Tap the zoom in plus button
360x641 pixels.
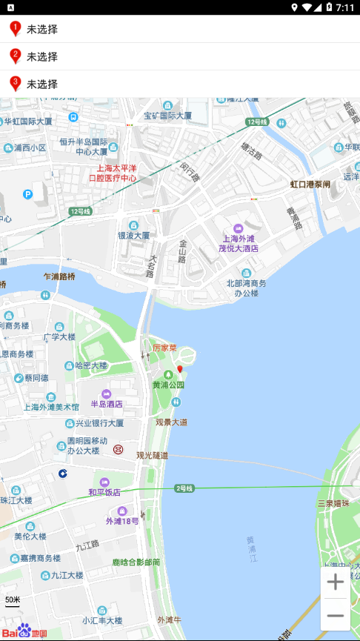(336, 582)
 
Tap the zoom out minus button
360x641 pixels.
(336, 616)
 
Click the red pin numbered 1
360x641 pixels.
(15, 29)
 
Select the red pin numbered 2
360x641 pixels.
(15, 56)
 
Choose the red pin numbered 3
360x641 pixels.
(15, 83)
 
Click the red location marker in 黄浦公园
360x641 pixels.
(179, 369)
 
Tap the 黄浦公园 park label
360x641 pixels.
(169, 385)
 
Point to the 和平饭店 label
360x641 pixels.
(104, 492)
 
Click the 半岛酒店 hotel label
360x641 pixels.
(107, 404)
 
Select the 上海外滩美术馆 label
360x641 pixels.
(51, 407)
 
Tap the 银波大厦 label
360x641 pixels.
(134, 235)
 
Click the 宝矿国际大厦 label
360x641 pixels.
(168, 116)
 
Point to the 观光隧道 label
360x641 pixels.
(152, 455)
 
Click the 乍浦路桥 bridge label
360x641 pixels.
(59, 276)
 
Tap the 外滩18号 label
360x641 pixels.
(122, 521)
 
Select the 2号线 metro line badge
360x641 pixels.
(184, 488)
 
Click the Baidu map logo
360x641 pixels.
(24, 631)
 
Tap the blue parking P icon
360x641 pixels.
(28, 194)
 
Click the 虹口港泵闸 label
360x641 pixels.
(310, 184)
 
